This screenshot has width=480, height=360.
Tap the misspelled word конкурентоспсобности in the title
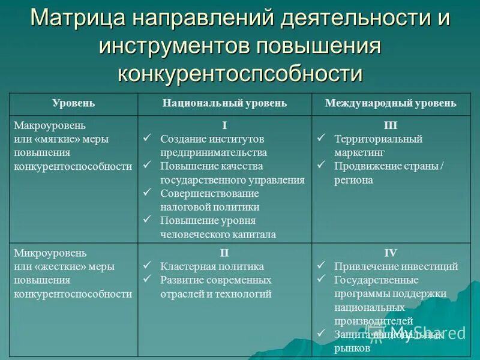240,73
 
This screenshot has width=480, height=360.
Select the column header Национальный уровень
224,103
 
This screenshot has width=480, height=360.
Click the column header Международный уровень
391,103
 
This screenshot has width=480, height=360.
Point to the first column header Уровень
73,103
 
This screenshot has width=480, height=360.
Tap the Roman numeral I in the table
224,125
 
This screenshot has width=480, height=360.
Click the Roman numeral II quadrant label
224,253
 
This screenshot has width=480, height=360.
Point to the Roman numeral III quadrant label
391,125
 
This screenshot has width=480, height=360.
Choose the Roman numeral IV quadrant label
391,253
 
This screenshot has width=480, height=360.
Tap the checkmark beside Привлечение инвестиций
322,266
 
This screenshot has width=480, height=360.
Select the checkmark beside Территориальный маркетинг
322,139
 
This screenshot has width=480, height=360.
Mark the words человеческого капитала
218,235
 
